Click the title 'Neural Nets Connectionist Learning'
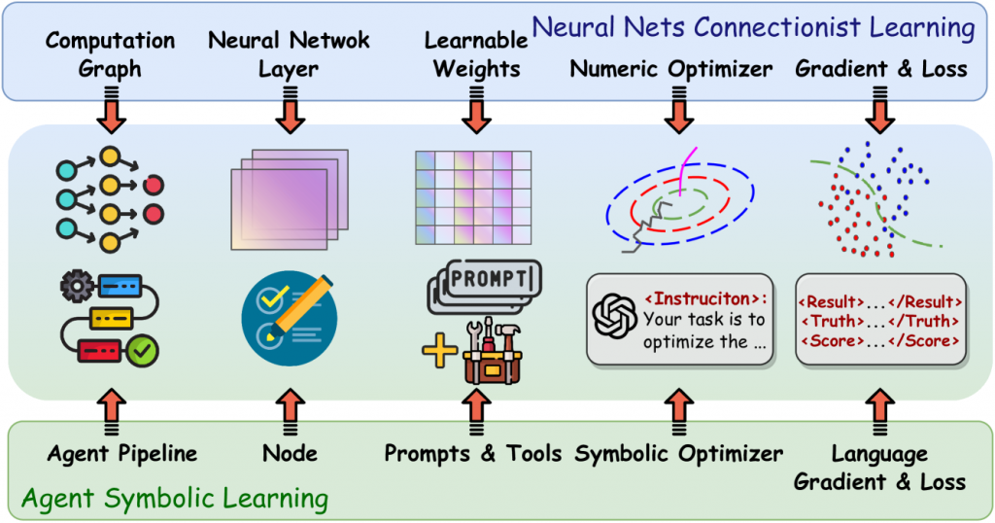(753, 26)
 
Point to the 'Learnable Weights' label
(476, 54)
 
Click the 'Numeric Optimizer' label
(671, 69)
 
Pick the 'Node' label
(290, 453)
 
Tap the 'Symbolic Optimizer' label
(678, 453)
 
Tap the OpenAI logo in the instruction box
(615, 318)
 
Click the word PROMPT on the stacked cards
(491, 279)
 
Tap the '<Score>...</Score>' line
(879, 341)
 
